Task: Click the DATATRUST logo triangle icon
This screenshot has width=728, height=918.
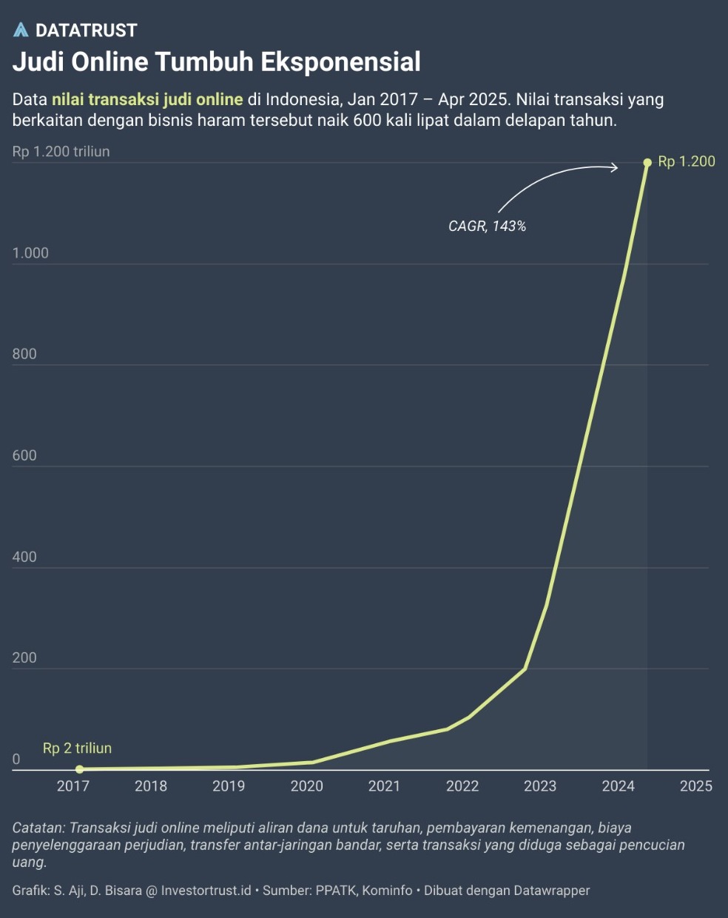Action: pos(21,30)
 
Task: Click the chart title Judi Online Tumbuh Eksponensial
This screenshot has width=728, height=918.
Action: pos(216,61)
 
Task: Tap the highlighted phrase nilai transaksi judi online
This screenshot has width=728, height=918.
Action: pos(147,99)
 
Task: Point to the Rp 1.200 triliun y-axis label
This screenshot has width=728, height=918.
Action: pos(61,152)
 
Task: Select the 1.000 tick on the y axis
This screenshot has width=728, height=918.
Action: pos(30,253)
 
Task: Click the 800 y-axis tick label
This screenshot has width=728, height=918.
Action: pos(24,354)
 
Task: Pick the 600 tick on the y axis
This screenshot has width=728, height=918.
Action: pos(24,455)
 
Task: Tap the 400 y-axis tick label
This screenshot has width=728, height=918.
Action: pos(24,557)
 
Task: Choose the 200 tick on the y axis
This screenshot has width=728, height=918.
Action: pos(24,657)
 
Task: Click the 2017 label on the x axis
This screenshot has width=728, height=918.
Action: pos(73,785)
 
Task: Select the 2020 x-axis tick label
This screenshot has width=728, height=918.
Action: pos(306,785)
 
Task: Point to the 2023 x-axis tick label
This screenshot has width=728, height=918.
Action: pos(540,785)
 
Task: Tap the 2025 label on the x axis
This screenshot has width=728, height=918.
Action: pos(695,785)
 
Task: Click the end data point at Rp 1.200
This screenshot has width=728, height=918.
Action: pos(647,162)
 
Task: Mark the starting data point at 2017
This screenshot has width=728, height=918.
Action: pos(80,769)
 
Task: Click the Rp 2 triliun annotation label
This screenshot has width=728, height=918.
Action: pos(77,748)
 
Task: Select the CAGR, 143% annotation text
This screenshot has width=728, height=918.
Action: pos(487,227)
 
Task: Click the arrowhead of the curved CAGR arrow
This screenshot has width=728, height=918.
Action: pos(615,168)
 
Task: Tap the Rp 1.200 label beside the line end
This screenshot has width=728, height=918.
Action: pos(687,161)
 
